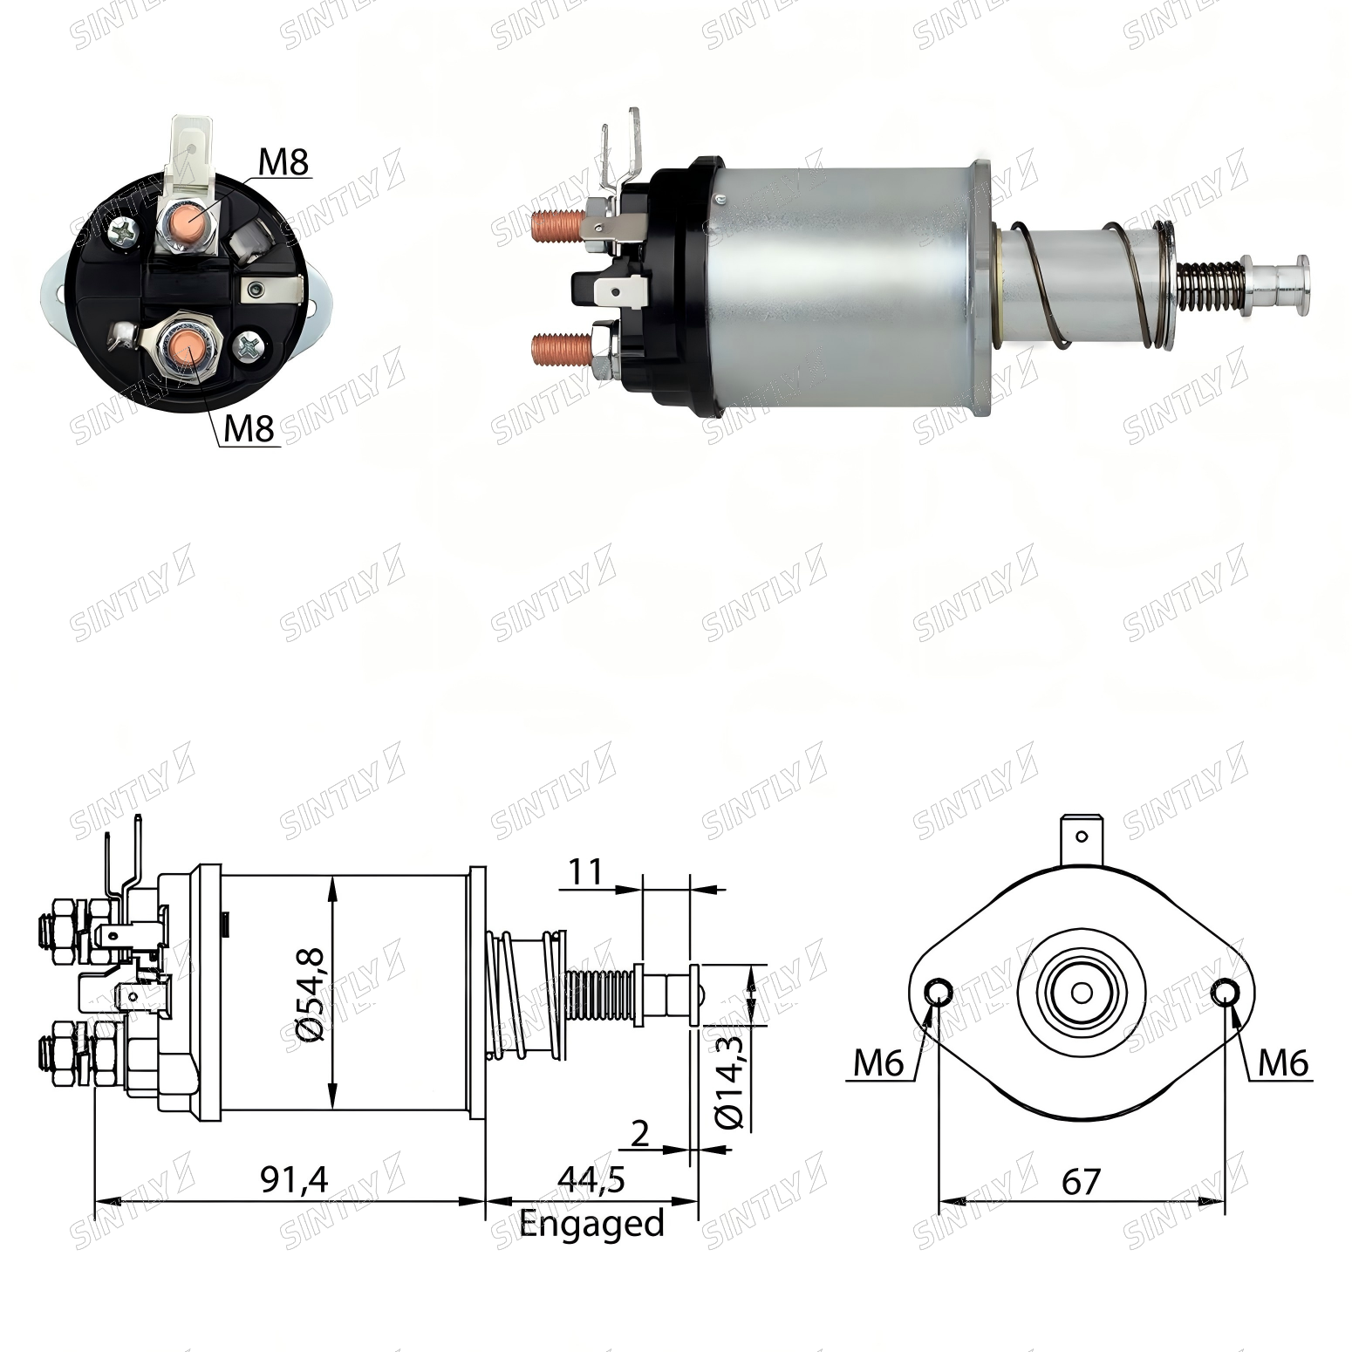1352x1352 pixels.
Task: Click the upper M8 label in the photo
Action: [x=283, y=162]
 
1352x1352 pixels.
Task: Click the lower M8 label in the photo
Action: [x=249, y=428]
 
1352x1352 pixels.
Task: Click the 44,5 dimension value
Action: [x=591, y=1180]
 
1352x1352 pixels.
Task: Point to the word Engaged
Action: [x=591, y=1224]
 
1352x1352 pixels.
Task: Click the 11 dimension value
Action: [x=585, y=871]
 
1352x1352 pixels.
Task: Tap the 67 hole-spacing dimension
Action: [x=1082, y=1182]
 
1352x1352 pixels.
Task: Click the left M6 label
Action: [x=878, y=1062]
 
